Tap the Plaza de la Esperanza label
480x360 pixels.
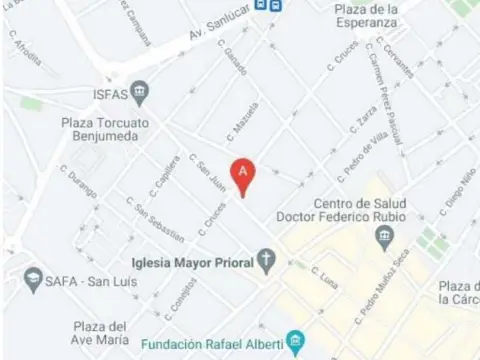pyautogui.click(x=381, y=17)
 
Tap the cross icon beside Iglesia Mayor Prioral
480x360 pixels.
pyautogui.click(x=266, y=263)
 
